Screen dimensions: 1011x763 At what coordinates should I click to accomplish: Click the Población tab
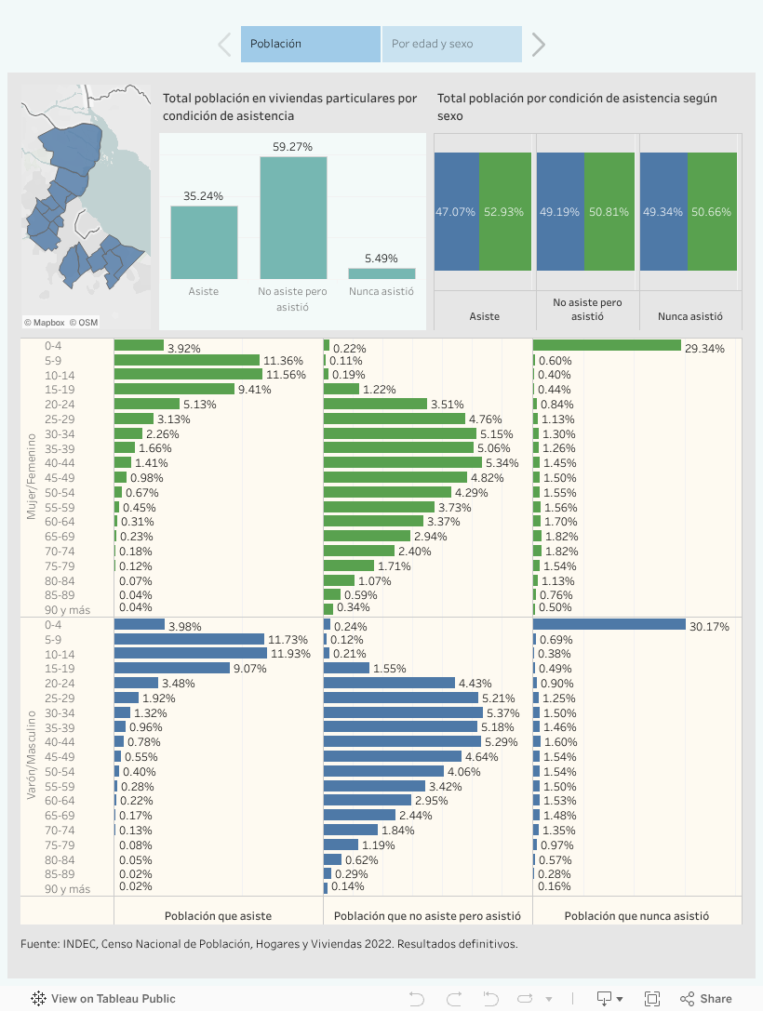tap(310, 44)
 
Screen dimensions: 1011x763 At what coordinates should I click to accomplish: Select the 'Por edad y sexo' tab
tap(451, 44)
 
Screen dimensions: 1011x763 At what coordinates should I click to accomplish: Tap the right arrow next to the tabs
tap(538, 44)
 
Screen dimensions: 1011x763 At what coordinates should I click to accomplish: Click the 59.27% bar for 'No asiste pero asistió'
tap(293, 218)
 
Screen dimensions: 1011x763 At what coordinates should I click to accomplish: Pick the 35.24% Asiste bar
tap(204, 242)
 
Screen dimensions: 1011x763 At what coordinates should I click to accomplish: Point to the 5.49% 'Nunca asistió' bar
tap(381, 273)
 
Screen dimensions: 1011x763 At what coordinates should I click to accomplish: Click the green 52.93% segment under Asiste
tap(505, 212)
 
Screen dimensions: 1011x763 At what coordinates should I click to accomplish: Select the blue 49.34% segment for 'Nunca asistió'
tap(663, 212)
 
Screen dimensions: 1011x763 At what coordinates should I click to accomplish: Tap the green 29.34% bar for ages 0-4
tap(607, 345)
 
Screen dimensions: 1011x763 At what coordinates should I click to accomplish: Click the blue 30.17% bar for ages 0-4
tap(609, 624)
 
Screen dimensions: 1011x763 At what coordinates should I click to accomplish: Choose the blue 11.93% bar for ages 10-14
tap(190, 654)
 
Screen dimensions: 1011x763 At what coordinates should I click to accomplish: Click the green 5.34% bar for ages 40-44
tap(402, 462)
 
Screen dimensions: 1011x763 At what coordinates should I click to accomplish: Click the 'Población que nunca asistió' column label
tap(636, 915)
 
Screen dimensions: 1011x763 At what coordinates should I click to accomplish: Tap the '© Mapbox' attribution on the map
tap(44, 323)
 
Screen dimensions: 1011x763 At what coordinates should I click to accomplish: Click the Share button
tap(706, 998)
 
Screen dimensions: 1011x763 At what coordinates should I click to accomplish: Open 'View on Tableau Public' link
tap(103, 999)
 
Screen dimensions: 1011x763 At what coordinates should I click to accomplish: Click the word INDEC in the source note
tap(80, 943)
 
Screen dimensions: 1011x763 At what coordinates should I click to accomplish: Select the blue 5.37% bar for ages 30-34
tap(403, 712)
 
